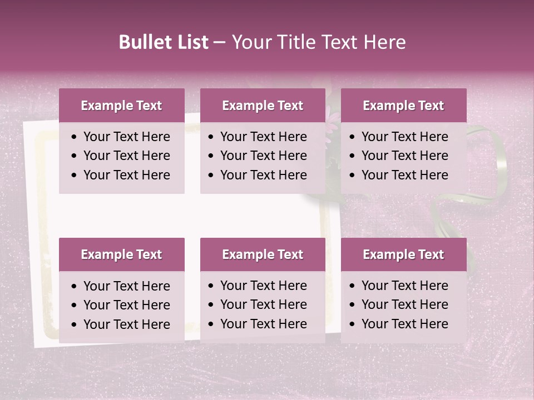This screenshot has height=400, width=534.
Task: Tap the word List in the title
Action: click(192, 42)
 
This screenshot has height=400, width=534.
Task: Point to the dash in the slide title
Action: click(219, 43)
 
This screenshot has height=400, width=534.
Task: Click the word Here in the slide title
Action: click(384, 42)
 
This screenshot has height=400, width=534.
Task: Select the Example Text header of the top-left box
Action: click(121, 106)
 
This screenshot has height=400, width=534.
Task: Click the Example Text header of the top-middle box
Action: click(263, 106)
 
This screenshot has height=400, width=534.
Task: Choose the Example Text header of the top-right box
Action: click(403, 106)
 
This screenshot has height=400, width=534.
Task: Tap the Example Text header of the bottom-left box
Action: click(121, 254)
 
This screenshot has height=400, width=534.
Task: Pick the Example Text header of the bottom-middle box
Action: click(263, 254)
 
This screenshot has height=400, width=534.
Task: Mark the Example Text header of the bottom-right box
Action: click(403, 254)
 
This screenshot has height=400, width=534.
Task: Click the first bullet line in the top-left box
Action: click(126, 137)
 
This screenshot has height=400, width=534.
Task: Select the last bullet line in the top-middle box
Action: click(263, 175)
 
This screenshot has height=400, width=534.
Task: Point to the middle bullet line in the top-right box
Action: click(404, 156)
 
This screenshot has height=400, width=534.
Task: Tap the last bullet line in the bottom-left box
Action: click(126, 324)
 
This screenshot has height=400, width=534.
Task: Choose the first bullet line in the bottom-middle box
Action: click(263, 286)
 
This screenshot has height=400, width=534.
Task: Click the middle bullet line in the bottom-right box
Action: click(404, 304)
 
